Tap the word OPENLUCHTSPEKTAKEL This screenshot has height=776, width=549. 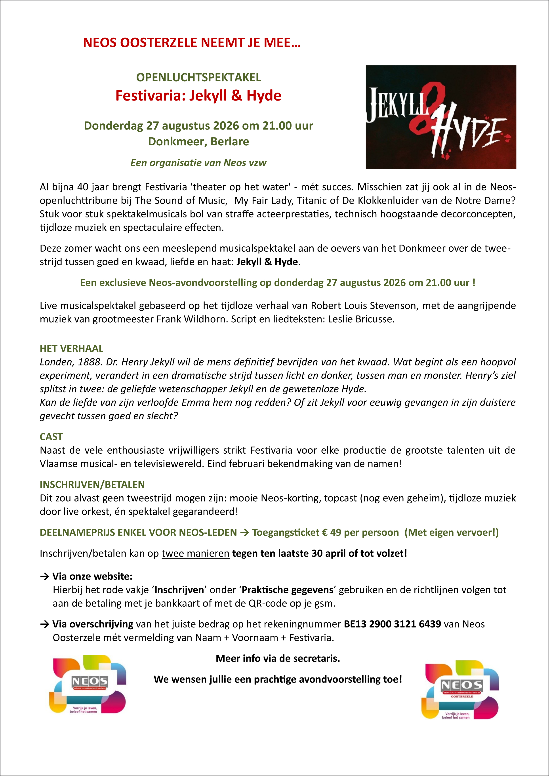198,77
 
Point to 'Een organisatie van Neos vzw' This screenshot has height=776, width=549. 198,163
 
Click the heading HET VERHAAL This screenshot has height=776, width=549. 71,348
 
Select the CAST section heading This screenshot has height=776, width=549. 51,437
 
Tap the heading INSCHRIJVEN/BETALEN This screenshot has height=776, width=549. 92,485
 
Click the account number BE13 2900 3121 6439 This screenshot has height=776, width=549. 392,624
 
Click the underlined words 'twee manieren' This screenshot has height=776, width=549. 195,553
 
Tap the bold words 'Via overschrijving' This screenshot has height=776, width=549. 93,624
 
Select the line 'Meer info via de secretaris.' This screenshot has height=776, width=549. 278,658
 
